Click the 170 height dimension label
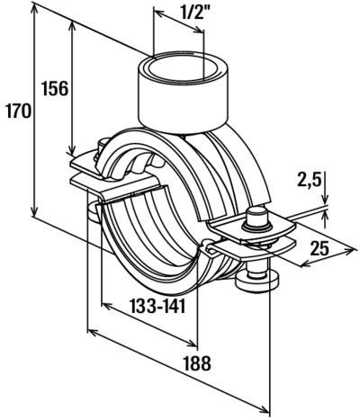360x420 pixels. coord(18,112)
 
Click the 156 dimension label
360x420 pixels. coord(55,89)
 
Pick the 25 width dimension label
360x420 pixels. coord(319,248)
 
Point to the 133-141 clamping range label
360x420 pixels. coord(158,306)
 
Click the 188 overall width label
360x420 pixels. coord(198,363)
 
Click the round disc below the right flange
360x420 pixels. coord(257,281)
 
